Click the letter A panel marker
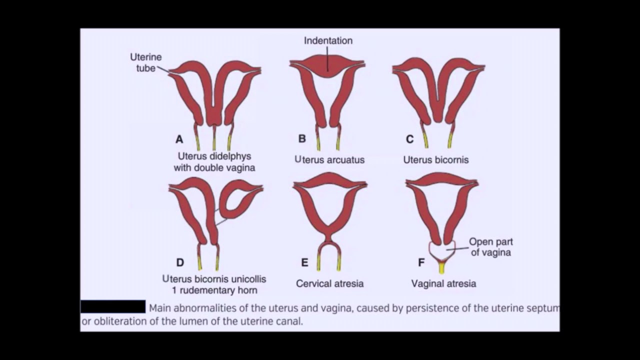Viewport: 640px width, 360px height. point(179,140)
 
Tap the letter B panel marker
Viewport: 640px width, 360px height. point(301,139)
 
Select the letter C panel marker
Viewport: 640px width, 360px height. point(409,139)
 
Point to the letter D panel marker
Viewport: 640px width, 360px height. point(180,262)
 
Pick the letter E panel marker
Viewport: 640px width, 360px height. point(304,262)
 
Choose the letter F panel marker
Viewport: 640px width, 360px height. point(421,262)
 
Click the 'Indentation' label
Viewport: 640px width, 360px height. point(328,41)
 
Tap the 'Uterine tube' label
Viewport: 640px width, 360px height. point(146,62)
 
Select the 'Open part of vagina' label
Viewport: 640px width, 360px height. point(490,247)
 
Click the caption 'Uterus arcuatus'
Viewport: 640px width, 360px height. point(329,160)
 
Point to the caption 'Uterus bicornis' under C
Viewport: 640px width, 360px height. point(436,160)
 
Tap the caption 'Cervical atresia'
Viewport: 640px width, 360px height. point(329,283)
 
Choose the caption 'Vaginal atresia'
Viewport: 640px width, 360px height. point(443,283)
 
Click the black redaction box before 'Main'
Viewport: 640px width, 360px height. point(113,306)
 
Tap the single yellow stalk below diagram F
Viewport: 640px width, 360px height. point(441,268)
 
